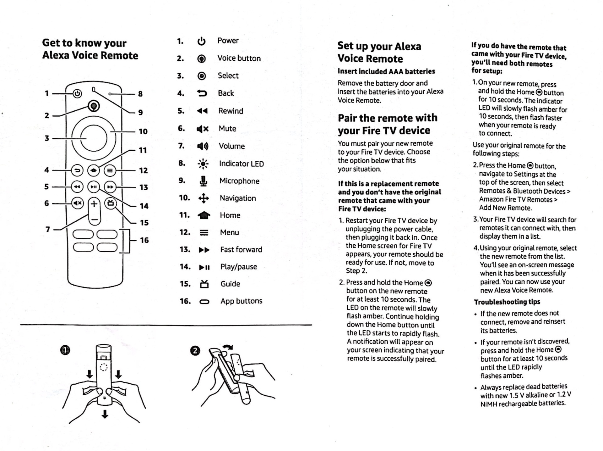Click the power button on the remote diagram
tap(77, 93)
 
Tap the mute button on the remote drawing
tap(77, 203)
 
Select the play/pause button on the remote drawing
tap(94, 187)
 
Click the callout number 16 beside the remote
tap(144, 240)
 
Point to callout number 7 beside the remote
tap(48, 229)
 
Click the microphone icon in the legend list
tap(204, 181)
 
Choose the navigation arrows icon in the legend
tap(204, 198)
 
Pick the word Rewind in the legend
tap(231, 111)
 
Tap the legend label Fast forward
tap(241, 250)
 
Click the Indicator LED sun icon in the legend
tap(203, 164)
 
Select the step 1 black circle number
tap(65, 350)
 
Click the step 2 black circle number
tap(195, 350)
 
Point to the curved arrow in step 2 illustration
tap(228, 347)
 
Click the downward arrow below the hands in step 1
tap(105, 414)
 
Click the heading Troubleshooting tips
tap(507, 302)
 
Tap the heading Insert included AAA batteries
tap(386, 71)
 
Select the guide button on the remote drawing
tap(110, 203)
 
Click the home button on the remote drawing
tap(93, 170)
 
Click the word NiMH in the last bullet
tap(488, 404)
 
